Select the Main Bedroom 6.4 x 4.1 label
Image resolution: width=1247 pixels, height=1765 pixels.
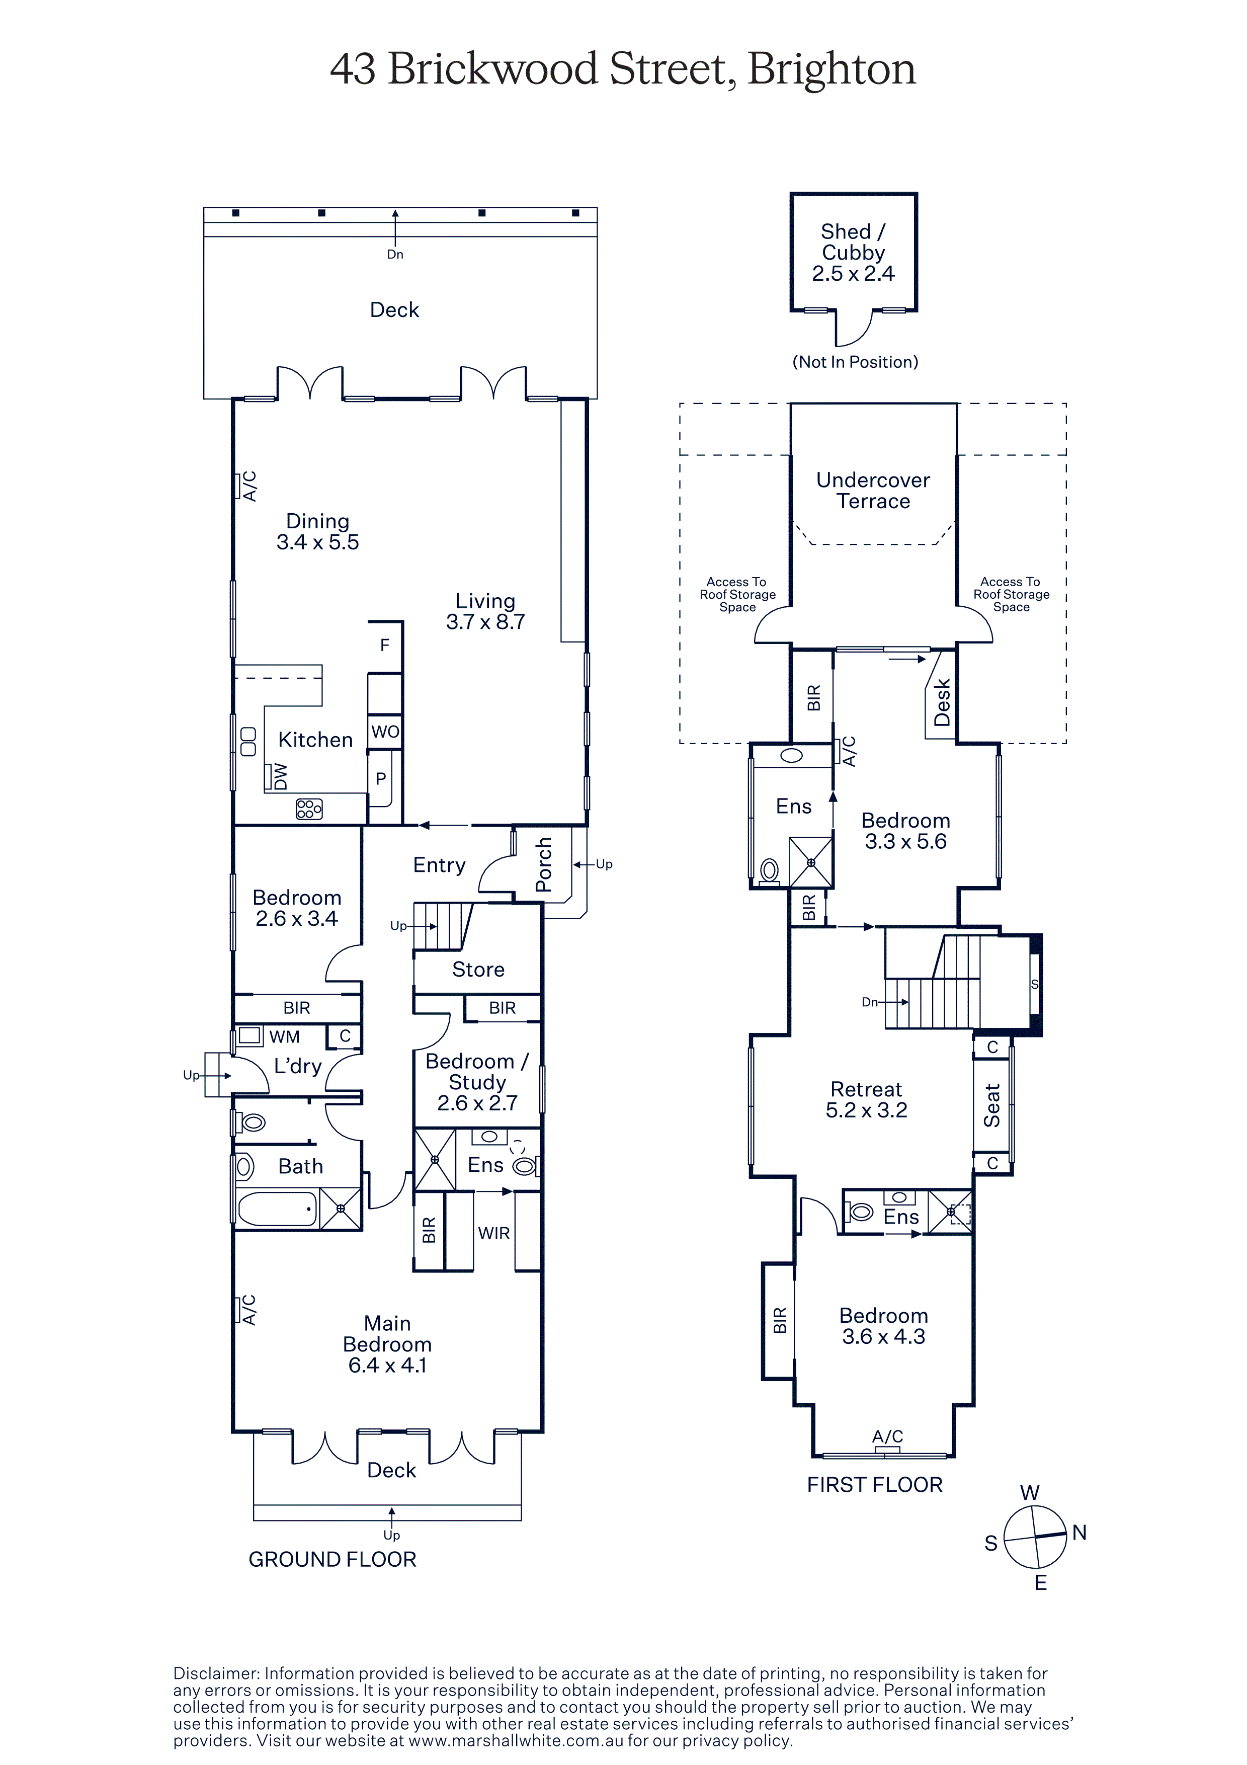click(387, 1344)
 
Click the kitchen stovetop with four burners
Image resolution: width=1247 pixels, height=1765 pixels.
click(309, 809)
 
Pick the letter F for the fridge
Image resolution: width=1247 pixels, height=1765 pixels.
click(385, 645)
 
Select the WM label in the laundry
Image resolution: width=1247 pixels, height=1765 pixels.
click(284, 1037)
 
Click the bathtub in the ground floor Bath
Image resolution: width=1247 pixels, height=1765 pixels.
click(277, 1209)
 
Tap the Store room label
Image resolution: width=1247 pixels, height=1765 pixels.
click(478, 970)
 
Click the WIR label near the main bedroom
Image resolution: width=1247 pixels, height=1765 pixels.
click(493, 1233)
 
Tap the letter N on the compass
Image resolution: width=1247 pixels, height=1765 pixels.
click(1079, 1532)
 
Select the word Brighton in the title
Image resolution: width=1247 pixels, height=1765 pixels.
click(832, 70)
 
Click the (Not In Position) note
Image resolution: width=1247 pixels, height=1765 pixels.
click(855, 362)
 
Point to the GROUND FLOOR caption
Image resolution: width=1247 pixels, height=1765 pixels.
click(332, 1559)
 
